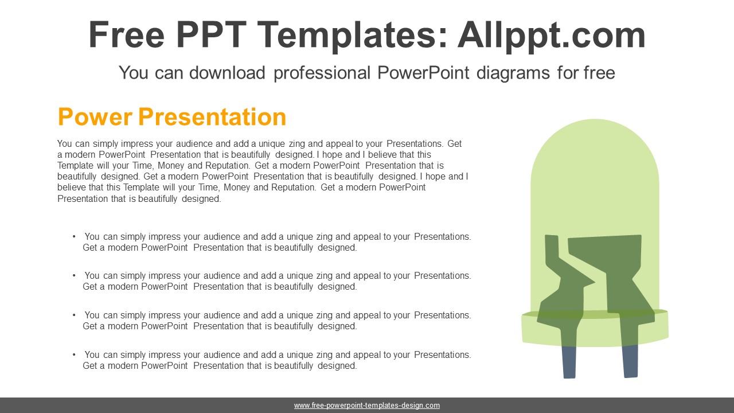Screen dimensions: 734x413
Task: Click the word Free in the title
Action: (126, 35)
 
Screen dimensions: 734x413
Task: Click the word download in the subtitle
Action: (227, 73)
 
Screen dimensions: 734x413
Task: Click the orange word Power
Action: (95, 116)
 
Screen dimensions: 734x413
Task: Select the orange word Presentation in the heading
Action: (212, 118)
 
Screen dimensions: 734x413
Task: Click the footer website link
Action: (367, 406)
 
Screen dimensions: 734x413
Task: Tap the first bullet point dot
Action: (74, 236)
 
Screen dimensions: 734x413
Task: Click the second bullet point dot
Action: (74, 275)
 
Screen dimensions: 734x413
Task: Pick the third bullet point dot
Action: (74, 315)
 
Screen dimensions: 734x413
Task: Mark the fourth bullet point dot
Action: (74, 354)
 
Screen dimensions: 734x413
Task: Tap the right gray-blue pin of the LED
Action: (630, 361)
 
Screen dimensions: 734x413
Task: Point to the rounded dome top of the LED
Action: (595, 147)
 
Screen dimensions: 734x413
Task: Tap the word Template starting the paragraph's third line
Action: (75, 166)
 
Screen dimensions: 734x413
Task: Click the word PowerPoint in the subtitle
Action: (423, 73)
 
